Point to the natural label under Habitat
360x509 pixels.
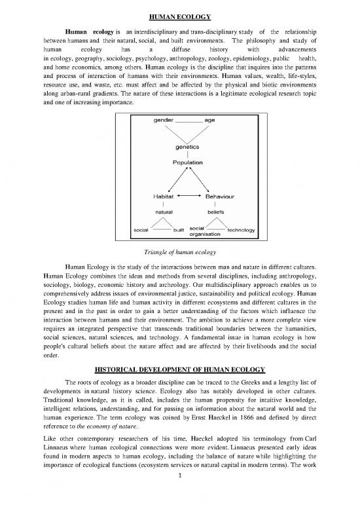[159, 212]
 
